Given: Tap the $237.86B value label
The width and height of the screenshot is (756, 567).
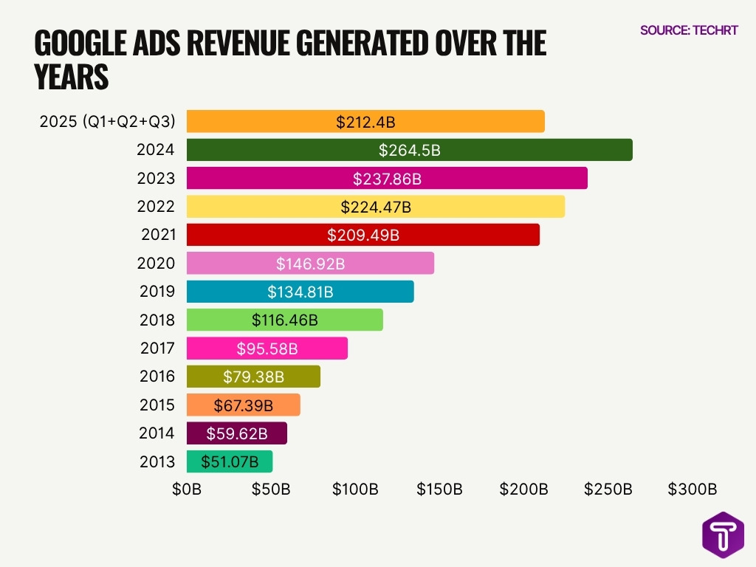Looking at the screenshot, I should click(387, 179).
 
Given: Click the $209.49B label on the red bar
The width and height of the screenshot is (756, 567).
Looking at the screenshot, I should click(363, 235).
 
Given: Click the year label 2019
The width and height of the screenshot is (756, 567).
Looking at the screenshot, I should click(157, 292).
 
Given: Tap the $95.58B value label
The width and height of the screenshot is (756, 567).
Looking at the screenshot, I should click(267, 348).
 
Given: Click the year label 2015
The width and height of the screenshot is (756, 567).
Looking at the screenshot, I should click(157, 405).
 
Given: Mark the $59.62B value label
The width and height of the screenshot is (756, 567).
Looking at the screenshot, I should click(236, 433).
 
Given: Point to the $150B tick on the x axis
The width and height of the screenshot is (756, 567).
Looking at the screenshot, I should click(439, 489).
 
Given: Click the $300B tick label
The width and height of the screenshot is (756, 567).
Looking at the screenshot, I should click(693, 489).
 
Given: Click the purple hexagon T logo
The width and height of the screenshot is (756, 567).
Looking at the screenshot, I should click(723, 534).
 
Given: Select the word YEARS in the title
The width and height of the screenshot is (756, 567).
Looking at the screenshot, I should click(72, 77).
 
